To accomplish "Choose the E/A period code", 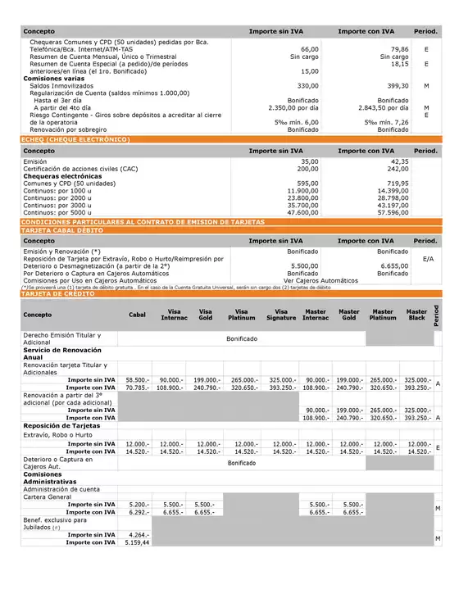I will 427,258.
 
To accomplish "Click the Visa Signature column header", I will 281,315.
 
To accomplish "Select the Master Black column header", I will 417,315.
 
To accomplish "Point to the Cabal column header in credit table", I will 138,315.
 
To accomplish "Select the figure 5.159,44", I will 136,542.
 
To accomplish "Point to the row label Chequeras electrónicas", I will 62,175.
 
